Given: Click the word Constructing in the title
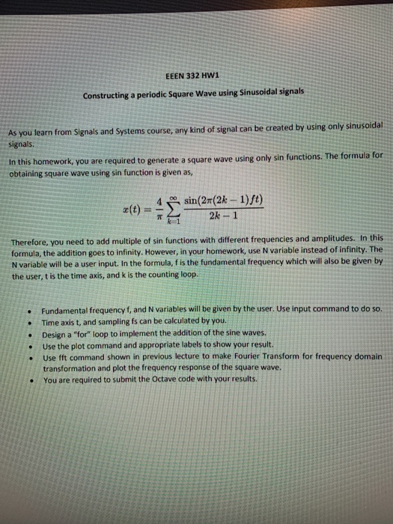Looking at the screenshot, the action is tap(110, 95).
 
